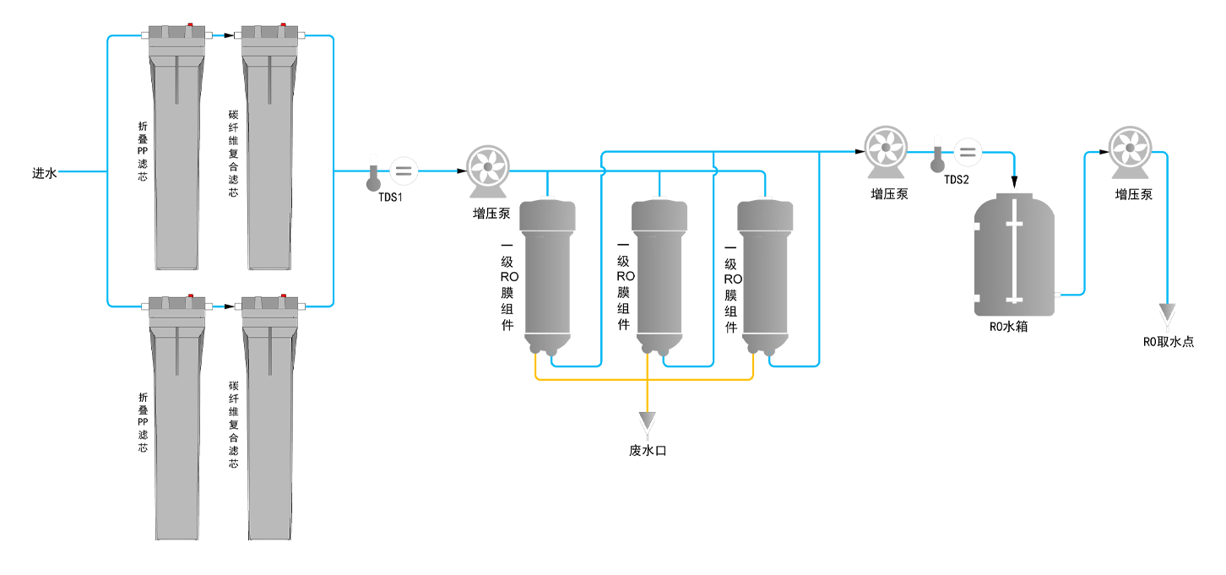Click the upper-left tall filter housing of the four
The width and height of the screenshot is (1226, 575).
coord(176,152)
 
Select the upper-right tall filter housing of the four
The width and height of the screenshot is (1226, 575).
coord(269,152)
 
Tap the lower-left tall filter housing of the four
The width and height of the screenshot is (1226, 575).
coord(176,422)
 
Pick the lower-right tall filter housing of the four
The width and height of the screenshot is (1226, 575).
coord(269,422)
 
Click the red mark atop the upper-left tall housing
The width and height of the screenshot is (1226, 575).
coord(191,25)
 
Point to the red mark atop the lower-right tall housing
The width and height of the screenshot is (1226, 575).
coord(284,296)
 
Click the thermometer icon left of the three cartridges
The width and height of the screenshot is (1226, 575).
coord(373,179)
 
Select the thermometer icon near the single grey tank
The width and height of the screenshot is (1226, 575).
coord(937,160)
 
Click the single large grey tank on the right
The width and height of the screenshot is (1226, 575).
coord(1014,258)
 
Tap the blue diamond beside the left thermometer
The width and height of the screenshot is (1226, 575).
coord(384,171)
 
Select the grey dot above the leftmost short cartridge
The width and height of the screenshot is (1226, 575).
coord(487,167)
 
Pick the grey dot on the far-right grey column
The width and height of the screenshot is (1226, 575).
coord(1130,149)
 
